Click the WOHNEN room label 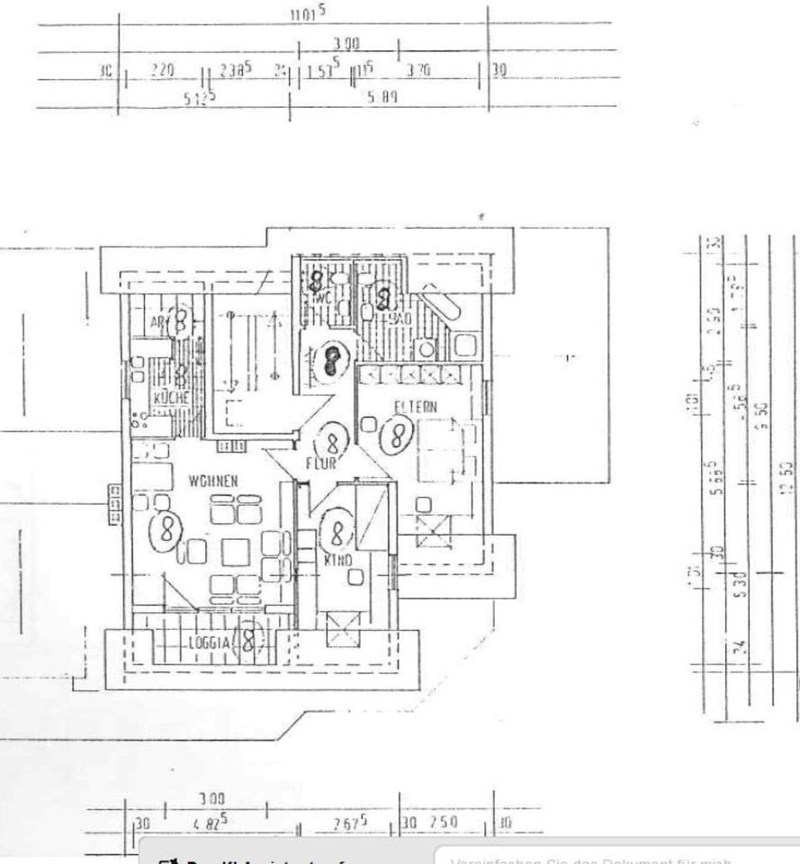(x=213, y=481)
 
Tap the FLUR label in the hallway (x=320, y=464)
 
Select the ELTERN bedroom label (x=415, y=407)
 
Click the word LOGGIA (x=210, y=643)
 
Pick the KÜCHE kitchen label (x=170, y=398)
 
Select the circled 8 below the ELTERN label (x=395, y=436)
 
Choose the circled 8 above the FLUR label (x=332, y=442)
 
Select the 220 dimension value (x=163, y=69)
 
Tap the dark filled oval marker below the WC (x=334, y=361)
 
